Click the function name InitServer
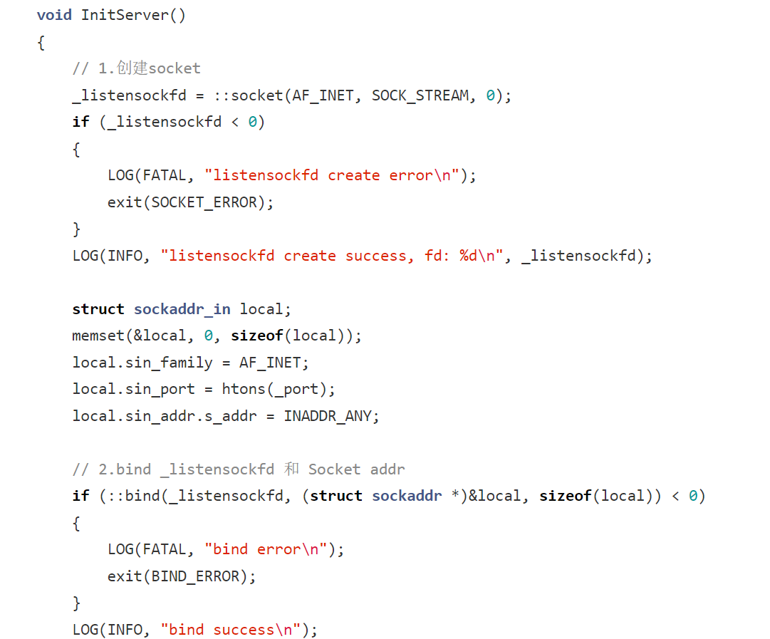(x=125, y=15)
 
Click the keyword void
(x=54, y=15)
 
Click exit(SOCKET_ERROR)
(x=190, y=202)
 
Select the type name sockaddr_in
(x=182, y=309)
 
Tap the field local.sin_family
(x=142, y=363)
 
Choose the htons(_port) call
(x=278, y=389)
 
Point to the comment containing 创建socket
(x=136, y=68)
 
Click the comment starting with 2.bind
(x=238, y=469)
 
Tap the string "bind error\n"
(x=266, y=549)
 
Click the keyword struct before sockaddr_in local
(x=98, y=309)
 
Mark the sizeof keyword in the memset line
(x=256, y=336)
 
